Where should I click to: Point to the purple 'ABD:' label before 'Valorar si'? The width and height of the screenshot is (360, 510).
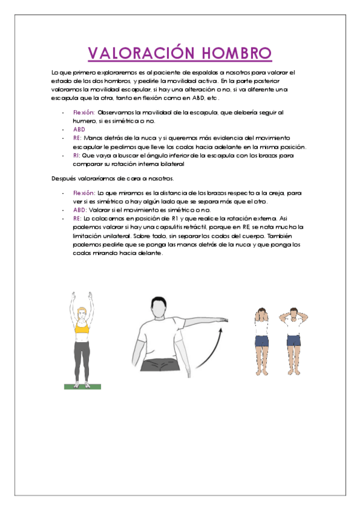(80, 210)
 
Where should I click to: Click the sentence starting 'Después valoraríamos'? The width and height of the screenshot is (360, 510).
(112, 178)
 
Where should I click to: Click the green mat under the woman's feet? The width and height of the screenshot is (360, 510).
(83, 387)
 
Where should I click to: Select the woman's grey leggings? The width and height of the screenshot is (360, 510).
(83, 355)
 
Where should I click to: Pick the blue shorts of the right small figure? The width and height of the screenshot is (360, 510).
(293, 341)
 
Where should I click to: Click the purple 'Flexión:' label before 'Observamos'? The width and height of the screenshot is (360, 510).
(84, 112)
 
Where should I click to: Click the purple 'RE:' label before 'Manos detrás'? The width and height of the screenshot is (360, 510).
(77, 138)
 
